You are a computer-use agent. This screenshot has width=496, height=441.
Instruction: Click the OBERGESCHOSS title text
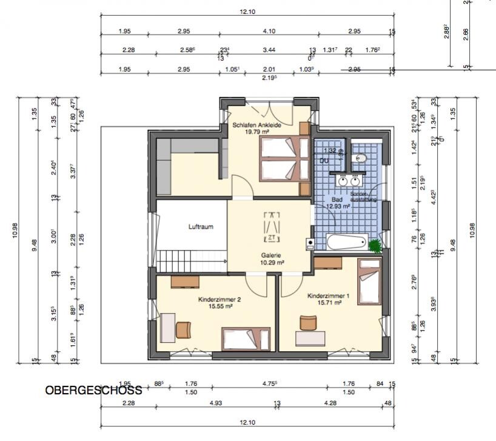93,390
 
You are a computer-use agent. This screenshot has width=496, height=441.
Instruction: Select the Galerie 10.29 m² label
273,259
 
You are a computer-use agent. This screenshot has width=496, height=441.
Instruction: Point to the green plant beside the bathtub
375,246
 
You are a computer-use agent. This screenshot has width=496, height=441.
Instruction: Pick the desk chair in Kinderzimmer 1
307,323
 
